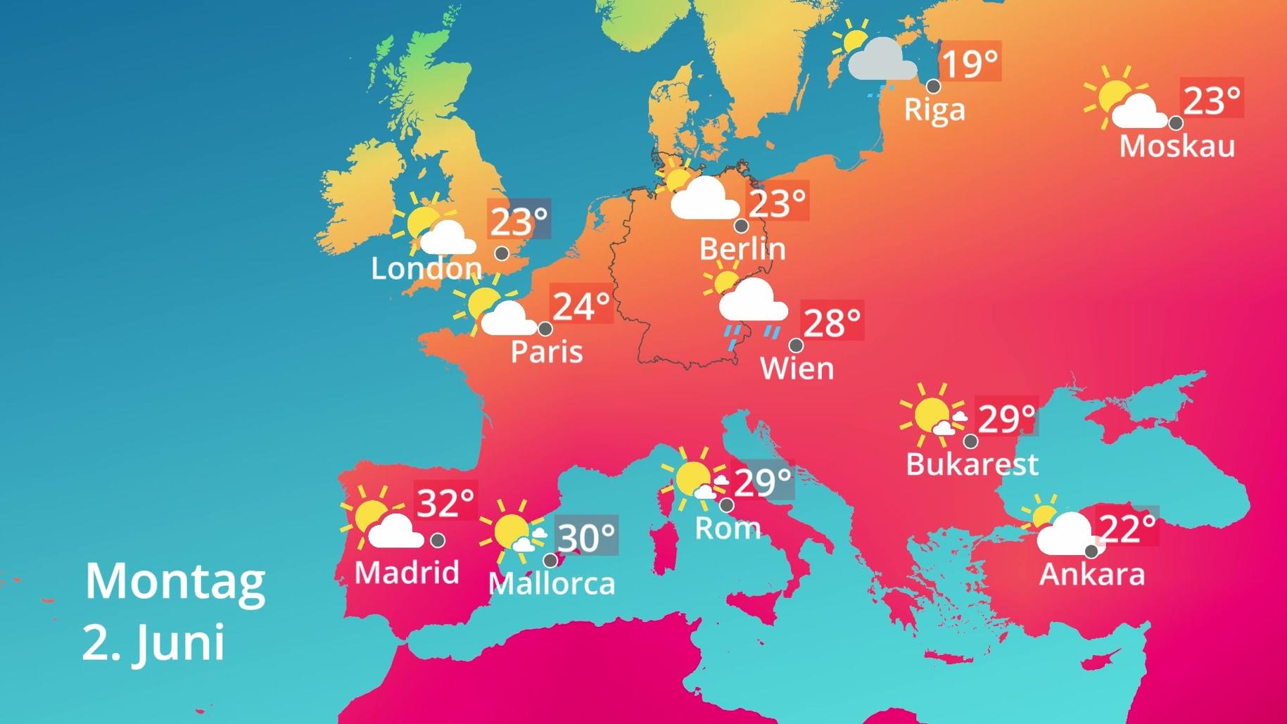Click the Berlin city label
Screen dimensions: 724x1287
point(742,249)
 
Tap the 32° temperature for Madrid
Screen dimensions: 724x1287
point(446,502)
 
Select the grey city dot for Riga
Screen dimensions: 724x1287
point(933,87)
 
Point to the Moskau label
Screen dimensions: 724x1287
point(1177,146)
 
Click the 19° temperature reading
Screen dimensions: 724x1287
point(970,63)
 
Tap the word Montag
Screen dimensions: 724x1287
point(175,582)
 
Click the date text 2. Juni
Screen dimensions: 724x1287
point(153,642)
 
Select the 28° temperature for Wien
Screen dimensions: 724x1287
point(832,323)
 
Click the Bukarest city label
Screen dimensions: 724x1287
point(972,464)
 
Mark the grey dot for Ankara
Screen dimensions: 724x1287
point(1091,552)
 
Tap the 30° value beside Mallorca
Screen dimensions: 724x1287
point(586,538)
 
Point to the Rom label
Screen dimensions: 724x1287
point(728,528)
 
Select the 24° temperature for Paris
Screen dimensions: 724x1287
point(581,306)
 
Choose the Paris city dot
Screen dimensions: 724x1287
point(545,329)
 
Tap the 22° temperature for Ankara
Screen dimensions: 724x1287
point(1127,526)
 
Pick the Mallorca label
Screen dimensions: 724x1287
point(552,583)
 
